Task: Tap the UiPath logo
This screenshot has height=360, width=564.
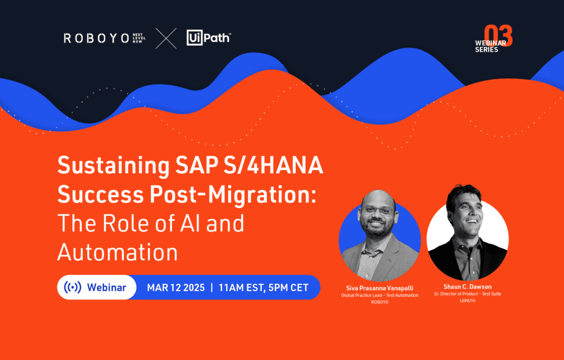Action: [208, 38]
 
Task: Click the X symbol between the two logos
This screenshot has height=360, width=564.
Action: [166, 39]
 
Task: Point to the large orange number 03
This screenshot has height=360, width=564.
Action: [498, 36]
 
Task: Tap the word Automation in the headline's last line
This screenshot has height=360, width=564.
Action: [117, 252]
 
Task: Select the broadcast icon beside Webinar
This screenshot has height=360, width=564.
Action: [72, 287]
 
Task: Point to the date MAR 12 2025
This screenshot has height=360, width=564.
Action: [176, 287]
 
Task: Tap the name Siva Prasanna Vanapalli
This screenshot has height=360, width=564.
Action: [379, 287]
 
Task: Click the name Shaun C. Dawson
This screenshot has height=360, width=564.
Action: [467, 286]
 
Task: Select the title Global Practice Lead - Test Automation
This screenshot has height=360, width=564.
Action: [379, 296]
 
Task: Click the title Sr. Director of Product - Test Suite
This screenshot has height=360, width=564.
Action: [467, 294]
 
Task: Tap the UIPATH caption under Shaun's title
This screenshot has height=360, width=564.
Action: [467, 302]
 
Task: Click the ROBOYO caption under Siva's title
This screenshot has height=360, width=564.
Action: [379, 303]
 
